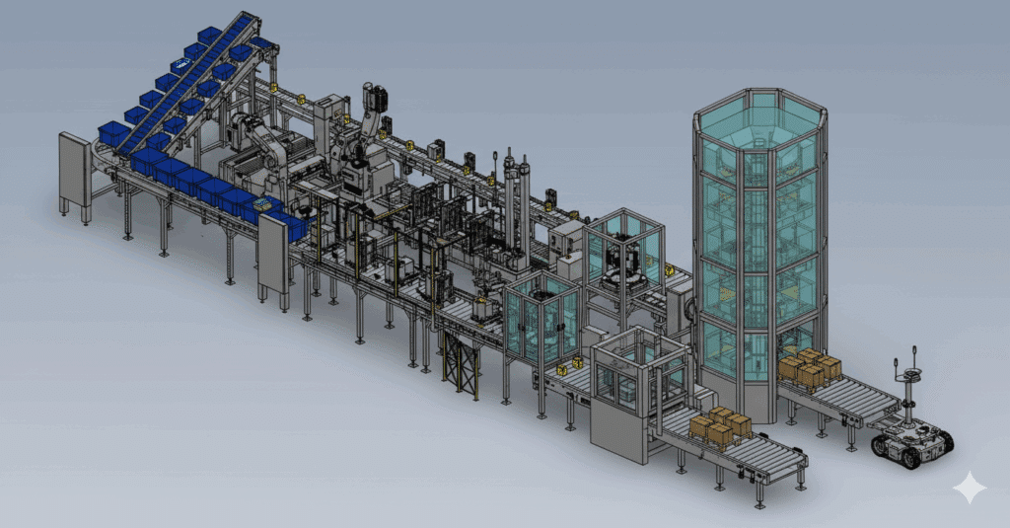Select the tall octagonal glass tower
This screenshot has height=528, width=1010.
(x=757, y=247)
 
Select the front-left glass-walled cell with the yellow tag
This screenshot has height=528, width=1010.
(x=541, y=319)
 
